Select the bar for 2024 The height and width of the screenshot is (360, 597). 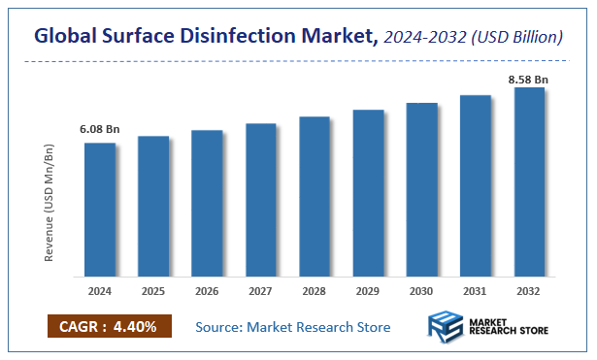click(x=100, y=209)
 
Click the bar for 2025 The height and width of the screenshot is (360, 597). click(x=153, y=206)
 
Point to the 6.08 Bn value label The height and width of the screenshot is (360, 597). click(x=99, y=129)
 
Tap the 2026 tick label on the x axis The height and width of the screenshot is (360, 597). click(x=207, y=290)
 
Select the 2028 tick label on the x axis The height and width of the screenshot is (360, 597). click(x=315, y=290)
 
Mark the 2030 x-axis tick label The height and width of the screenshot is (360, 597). click(x=421, y=290)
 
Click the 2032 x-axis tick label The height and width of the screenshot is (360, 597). click(x=529, y=290)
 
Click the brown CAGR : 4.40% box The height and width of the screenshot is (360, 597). click(x=109, y=327)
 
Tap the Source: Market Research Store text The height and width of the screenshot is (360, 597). click(x=293, y=327)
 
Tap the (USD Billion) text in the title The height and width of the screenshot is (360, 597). click(x=517, y=38)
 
